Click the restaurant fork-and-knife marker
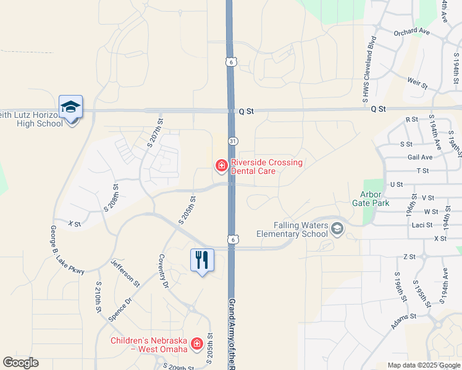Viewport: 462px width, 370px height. [x=201, y=260]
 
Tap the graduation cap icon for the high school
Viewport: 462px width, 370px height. [x=70, y=107]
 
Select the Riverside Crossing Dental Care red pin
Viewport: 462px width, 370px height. [x=220, y=165]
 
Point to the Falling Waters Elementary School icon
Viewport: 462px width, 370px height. [x=337, y=229]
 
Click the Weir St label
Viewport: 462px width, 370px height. [x=418, y=81]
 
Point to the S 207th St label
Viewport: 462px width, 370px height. [x=154, y=133]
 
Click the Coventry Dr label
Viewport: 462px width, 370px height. [x=163, y=272]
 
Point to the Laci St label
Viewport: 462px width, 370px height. [x=422, y=225]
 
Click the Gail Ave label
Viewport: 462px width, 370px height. [x=420, y=157]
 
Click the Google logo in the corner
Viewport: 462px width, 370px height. [x=20, y=363]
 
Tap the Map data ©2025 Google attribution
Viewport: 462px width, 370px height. [x=424, y=365]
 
